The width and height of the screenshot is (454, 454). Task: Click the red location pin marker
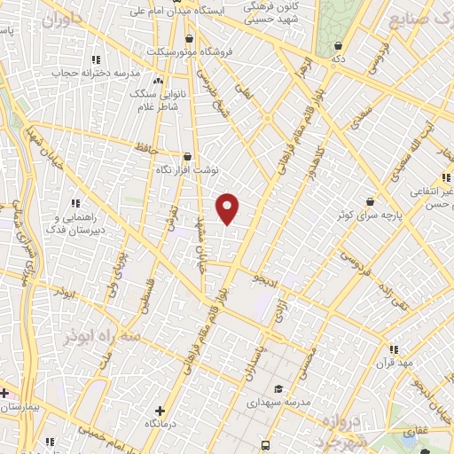point(229,208)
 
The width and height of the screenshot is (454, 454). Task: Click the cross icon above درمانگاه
point(160,411)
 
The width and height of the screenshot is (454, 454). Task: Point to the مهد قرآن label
point(394,363)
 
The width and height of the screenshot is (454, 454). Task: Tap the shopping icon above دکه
point(338,46)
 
